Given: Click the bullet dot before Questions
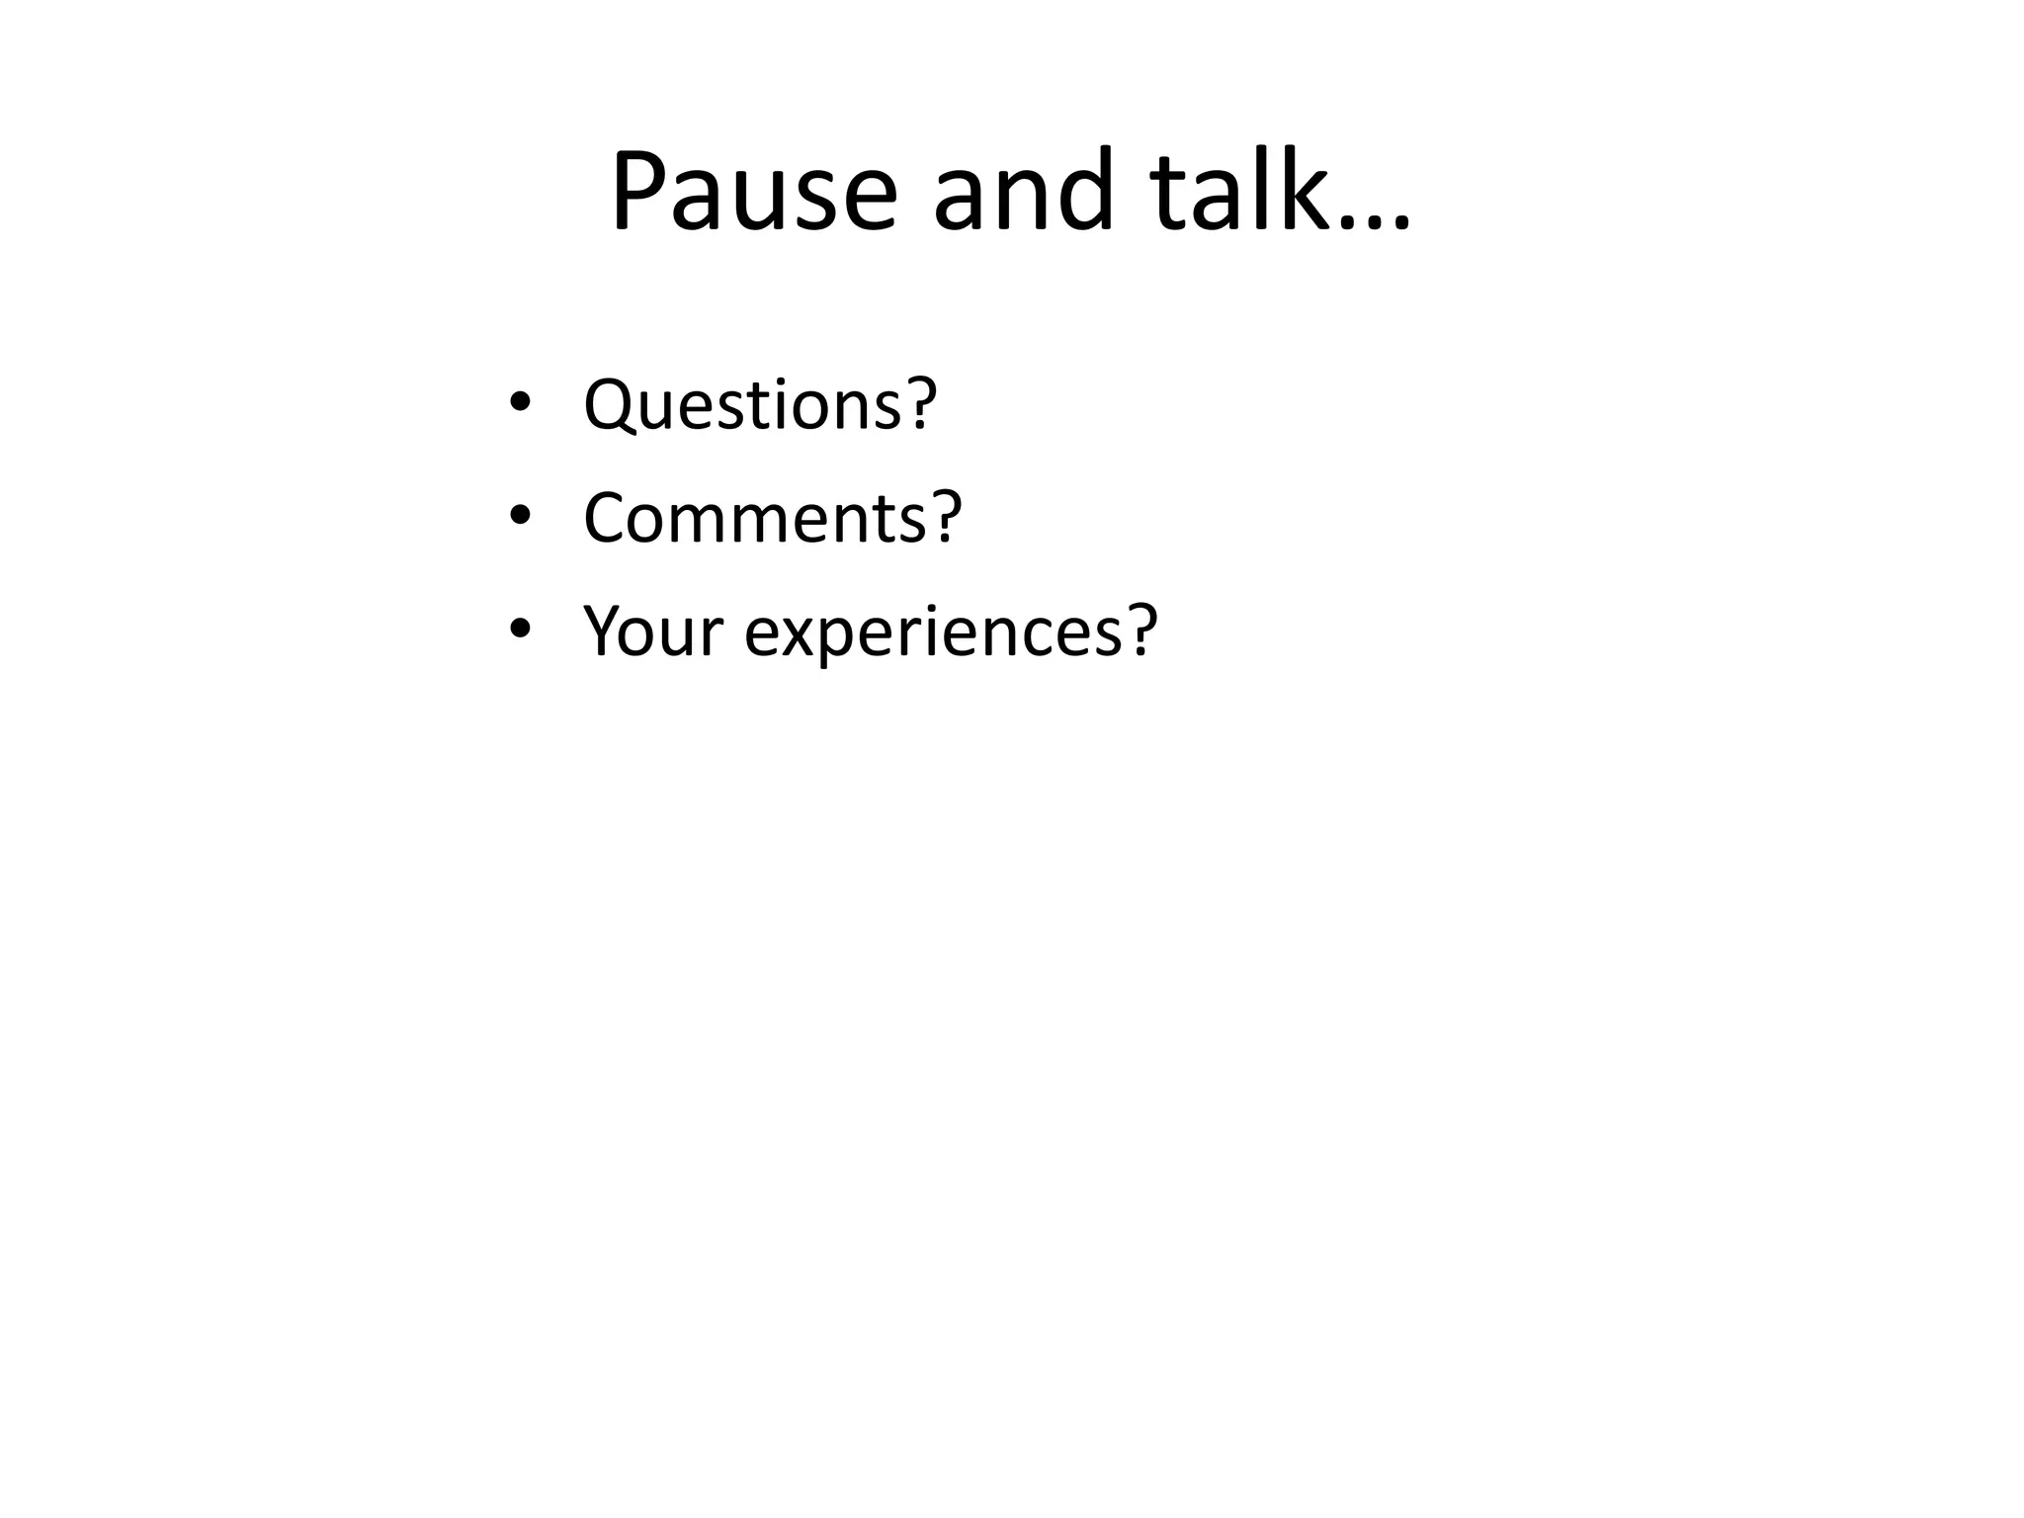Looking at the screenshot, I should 521,402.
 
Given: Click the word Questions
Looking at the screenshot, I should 742,404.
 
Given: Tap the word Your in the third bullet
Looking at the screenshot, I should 653,631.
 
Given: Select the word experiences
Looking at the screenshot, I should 933,632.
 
